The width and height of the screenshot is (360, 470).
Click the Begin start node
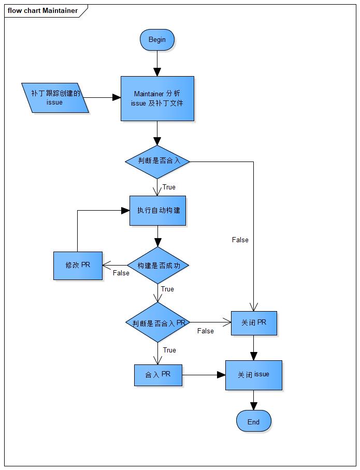click(157, 40)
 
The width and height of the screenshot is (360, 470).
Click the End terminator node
click(253, 421)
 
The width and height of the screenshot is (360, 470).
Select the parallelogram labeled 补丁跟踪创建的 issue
click(55, 97)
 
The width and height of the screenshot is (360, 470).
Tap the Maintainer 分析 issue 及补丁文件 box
click(157, 98)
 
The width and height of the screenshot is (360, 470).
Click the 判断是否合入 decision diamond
click(157, 161)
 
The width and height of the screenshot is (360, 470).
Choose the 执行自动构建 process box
click(157, 210)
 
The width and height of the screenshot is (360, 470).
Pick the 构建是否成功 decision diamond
click(157, 266)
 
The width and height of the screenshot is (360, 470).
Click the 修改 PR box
click(78, 266)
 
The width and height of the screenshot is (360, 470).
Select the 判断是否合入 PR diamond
click(157, 322)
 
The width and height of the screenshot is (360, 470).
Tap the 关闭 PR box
click(253, 323)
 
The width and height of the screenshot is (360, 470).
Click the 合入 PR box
click(158, 375)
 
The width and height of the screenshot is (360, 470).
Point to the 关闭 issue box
click(253, 375)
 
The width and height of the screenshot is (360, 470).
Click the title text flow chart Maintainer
click(42, 10)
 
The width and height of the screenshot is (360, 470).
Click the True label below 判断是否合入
click(169, 187)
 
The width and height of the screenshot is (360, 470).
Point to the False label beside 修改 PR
click(121, 273)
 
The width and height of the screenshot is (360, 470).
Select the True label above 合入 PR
click(169, 350)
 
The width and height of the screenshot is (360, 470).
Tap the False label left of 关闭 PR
click(205, 331)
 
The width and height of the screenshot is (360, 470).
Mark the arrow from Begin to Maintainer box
click(157, 63)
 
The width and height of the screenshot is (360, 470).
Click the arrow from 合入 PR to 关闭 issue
click(204, 375)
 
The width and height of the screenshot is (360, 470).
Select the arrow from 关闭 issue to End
click(253, 400)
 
